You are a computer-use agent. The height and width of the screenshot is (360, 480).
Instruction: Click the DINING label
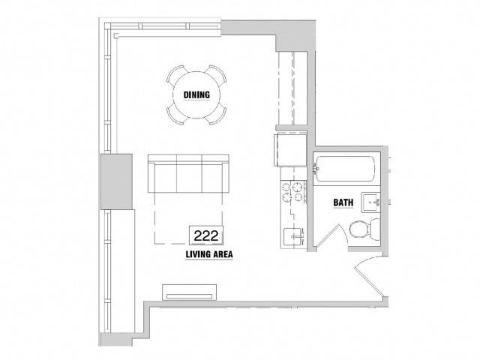tap(196, 95)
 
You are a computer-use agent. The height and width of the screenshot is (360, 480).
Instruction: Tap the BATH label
tap(343, 202)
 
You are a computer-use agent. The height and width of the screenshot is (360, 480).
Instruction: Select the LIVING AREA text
tap(209, 254)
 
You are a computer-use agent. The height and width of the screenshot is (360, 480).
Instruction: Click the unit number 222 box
tap(206, 235)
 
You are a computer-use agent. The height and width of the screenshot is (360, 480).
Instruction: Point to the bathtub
tap(345, 169)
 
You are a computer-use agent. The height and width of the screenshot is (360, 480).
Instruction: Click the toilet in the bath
tap(364, 229)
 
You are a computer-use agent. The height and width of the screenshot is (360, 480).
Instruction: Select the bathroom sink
tap(371, 202)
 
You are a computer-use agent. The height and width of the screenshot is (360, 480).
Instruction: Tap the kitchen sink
tap(293, 236)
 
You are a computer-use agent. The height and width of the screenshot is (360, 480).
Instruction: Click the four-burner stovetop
tap(293, 192)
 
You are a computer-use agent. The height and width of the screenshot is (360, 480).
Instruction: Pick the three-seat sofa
tap(188, 173)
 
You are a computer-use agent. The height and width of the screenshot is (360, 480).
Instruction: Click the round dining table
tap(196, 95)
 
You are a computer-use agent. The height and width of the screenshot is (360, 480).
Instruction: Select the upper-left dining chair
tap(175, 73)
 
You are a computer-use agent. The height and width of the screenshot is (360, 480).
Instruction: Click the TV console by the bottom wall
tap(189, 292)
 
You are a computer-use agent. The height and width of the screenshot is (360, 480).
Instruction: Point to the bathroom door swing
tap(332, 235)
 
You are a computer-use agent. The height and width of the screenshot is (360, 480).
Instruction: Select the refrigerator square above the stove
tap(290, 150)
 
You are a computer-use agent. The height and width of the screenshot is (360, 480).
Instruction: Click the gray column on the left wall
tap(117, 181)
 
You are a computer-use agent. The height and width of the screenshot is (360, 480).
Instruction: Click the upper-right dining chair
tap(217, 73)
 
